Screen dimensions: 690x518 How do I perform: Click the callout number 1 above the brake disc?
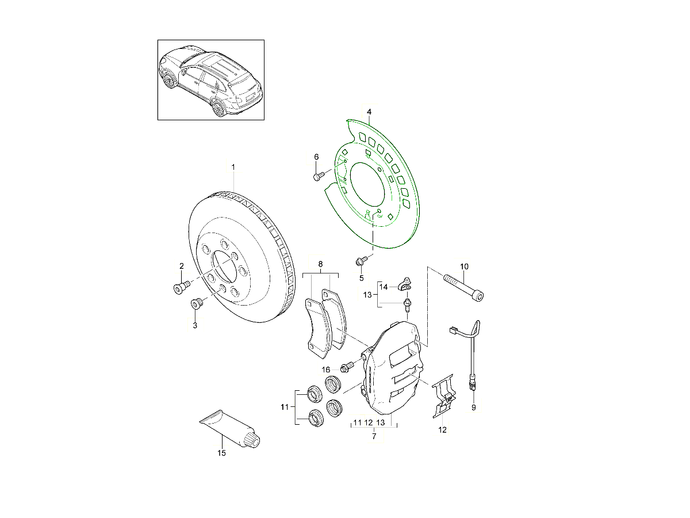click(233, 167)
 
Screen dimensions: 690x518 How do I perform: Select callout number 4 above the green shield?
click(369, 112)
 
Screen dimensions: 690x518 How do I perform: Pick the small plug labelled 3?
click(197, 304)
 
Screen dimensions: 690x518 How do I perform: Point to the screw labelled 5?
click(361, 261)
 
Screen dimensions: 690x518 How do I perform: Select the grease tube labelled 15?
click(231, 429)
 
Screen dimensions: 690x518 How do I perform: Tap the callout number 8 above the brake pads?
click(320, 264)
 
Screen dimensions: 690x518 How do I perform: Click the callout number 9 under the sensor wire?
click(474, 407)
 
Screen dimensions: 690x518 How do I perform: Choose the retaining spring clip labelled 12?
click(443, 396)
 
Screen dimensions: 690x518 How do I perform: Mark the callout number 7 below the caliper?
click(374, 436)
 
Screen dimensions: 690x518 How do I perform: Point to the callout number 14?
click(383, 287)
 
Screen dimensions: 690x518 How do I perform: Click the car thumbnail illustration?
click(210, 80)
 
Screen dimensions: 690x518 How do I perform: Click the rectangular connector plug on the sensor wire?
click(453, 330)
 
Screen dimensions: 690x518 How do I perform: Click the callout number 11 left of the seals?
click(285, 407)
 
